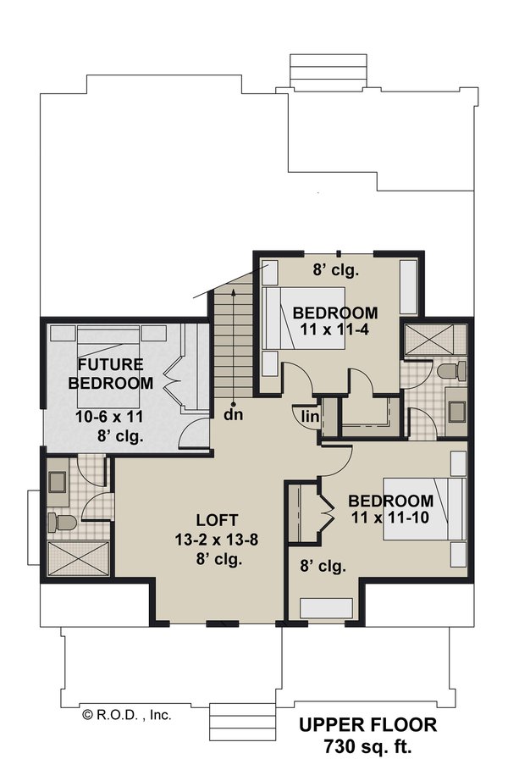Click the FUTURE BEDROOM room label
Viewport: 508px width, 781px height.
(x=115, y=374)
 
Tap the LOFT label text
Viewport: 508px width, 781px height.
(x=217, y=519)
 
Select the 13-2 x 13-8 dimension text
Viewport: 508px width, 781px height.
(x=217, y=540)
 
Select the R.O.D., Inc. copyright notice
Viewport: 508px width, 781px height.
(x=127, y=714)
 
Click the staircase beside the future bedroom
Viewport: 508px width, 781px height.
(x=231, y=339)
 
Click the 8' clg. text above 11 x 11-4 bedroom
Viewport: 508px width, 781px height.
(x=337, y=272)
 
